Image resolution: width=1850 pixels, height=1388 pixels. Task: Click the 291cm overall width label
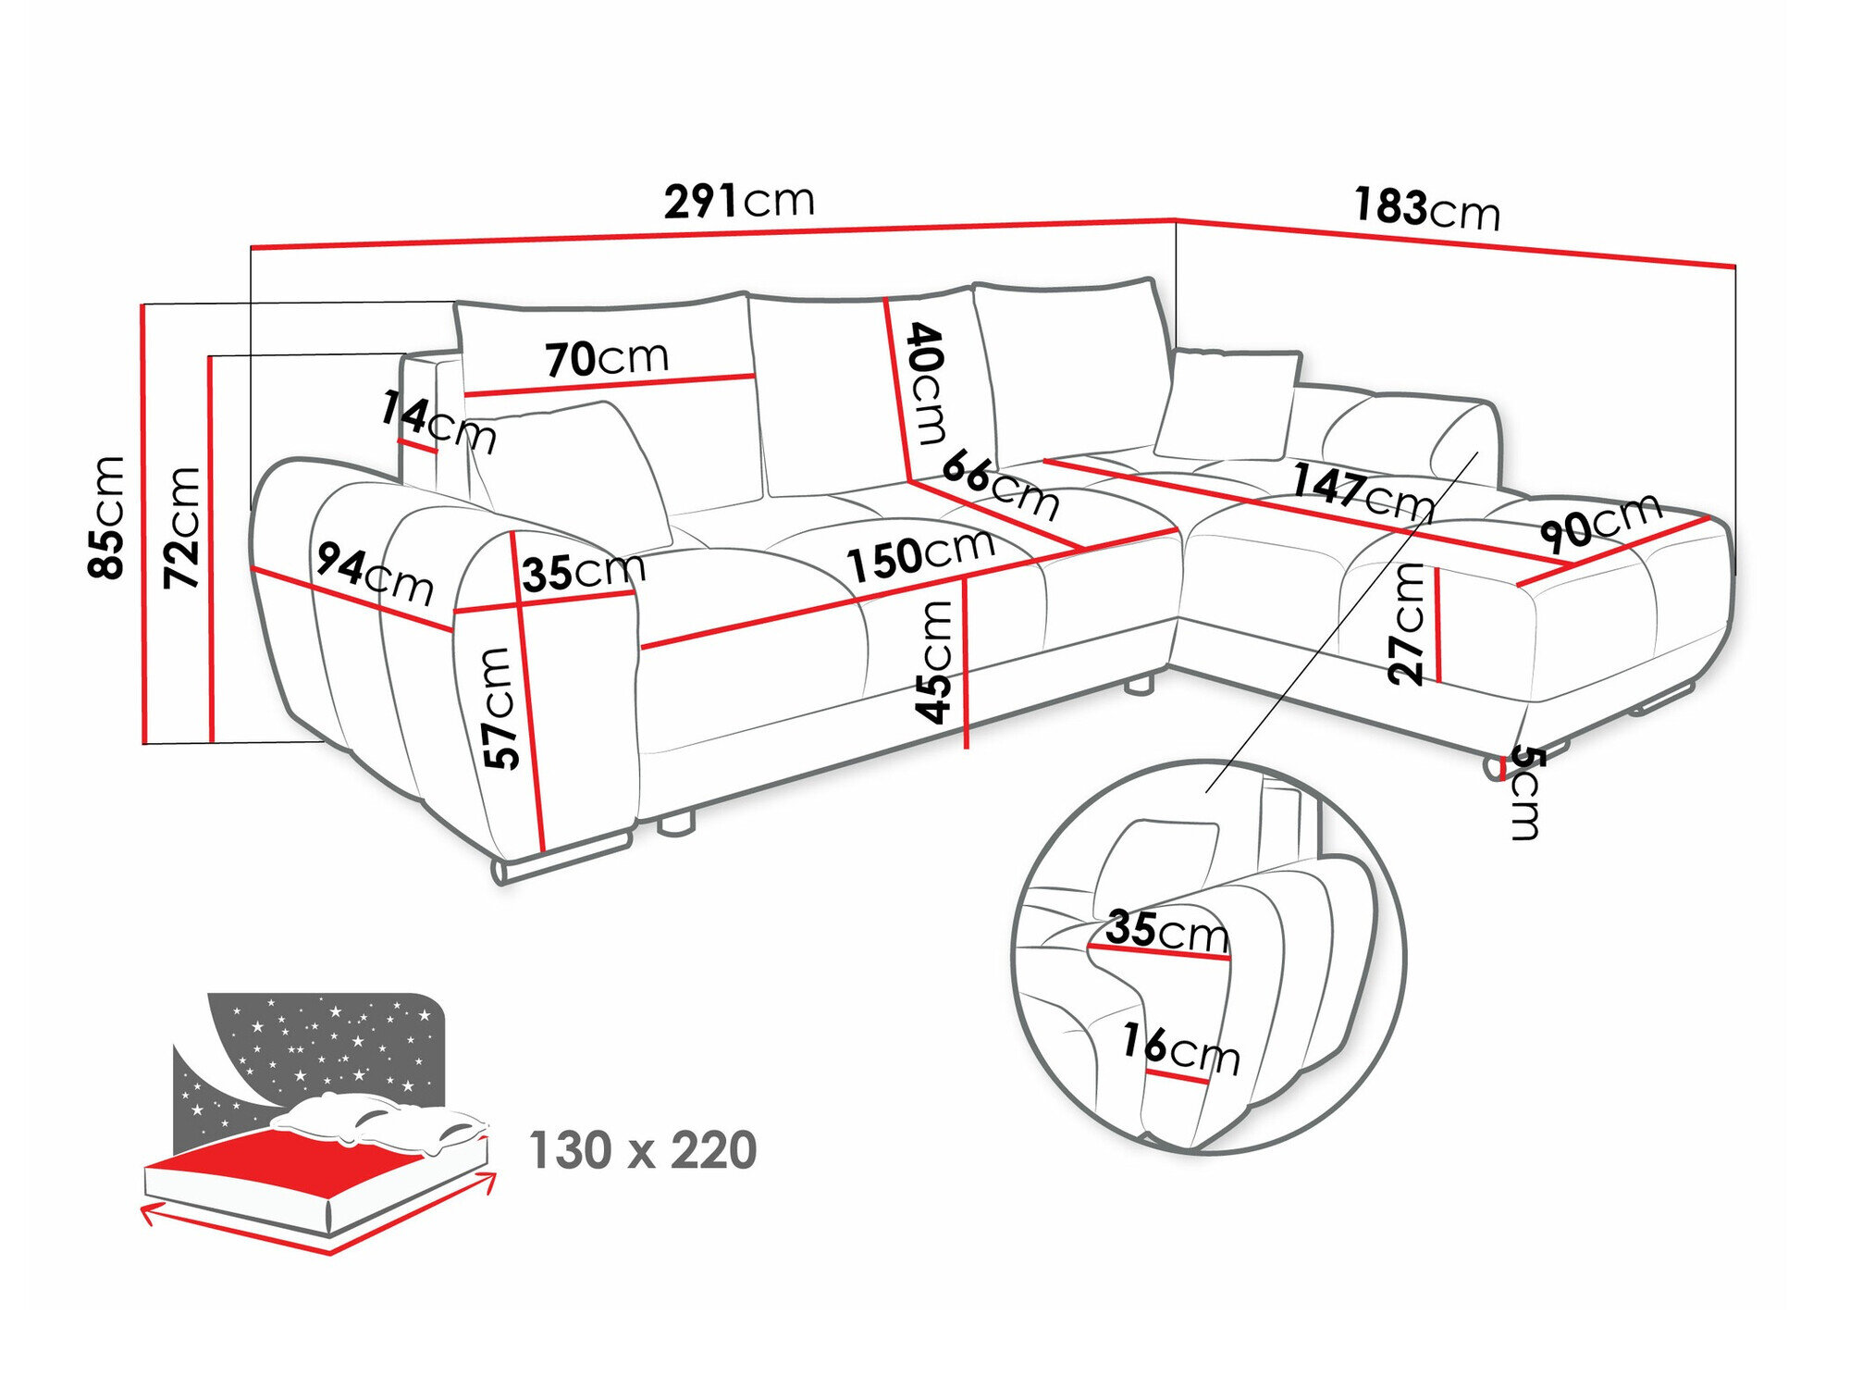(x=739, y=201)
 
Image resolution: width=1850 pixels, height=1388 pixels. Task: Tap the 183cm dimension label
(x=1425, y=209)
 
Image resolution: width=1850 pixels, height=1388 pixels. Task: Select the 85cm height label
(x=105, y=517)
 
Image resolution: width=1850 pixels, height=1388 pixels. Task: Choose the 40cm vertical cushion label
(x=927, y=383)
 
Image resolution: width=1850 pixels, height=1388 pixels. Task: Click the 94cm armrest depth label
(x=375, y=574)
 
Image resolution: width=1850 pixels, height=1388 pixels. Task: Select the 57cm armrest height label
(x=499, y=708)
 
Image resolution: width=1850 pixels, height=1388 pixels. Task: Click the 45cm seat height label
(x=934, y=661)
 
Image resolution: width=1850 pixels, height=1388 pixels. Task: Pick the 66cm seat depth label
(x=1000, y=485)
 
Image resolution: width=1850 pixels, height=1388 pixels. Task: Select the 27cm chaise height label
(x=1407, y=623)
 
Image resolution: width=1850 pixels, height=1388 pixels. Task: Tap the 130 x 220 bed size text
(x=642, y=1150)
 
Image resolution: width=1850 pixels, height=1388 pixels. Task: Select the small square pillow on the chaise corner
(x=1226, y=404)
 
